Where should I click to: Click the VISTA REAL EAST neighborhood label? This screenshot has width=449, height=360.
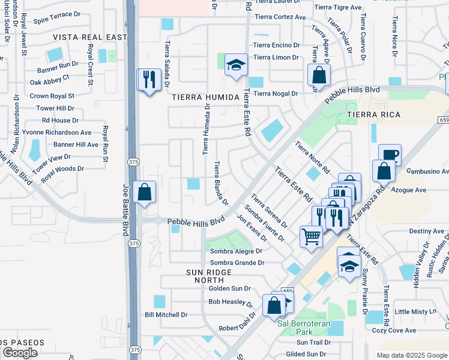point(90,37)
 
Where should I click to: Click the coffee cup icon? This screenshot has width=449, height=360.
point(390,154)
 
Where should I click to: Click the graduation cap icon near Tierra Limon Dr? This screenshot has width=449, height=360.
point(237,64)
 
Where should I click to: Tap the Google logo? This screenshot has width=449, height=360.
point(20,352)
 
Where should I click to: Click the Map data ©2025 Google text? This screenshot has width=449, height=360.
point(412,355)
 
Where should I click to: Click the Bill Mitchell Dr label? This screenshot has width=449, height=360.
point(166,314)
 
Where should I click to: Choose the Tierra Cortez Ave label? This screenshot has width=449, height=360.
point(276,17)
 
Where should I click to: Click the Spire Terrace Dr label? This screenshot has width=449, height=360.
point(58,20)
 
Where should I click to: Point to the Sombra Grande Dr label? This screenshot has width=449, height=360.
point(237,263)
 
